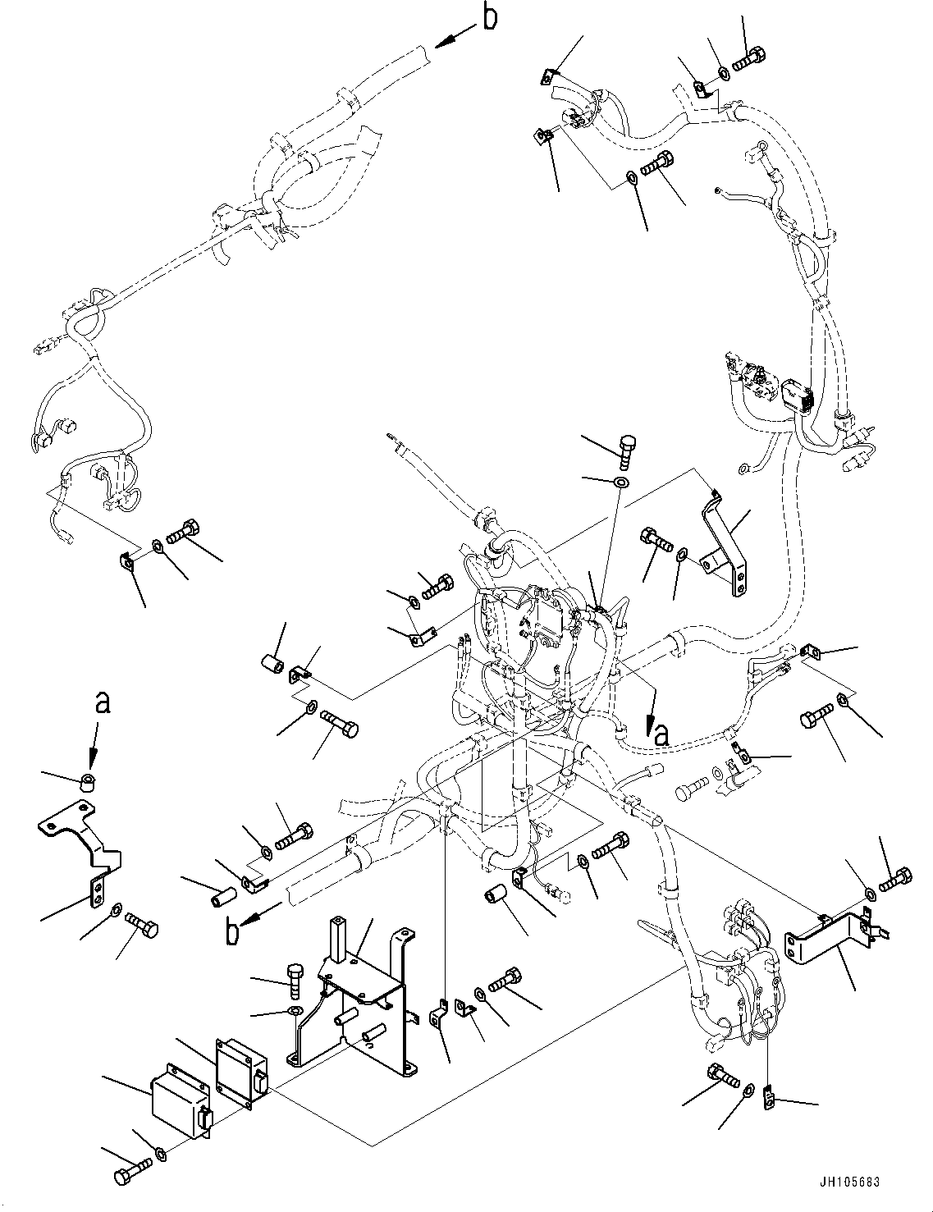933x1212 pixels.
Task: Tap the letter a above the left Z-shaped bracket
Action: (101, 702)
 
